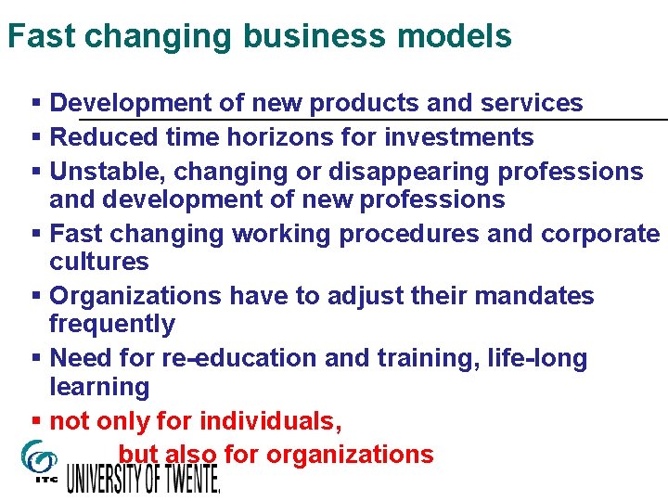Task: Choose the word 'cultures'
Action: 98,262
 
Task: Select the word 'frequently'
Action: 111,324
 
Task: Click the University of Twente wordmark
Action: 144,477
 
